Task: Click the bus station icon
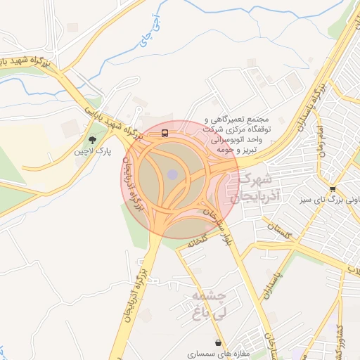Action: point(165,132)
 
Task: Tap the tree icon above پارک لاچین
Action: point(94,139)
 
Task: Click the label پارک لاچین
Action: point(94,152)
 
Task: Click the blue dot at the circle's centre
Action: point(173,174)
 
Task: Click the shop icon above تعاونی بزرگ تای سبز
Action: point(332,188)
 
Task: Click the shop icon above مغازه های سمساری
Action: point(221,343)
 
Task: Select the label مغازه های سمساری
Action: point(219,355)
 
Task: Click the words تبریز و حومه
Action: point(237,150)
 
